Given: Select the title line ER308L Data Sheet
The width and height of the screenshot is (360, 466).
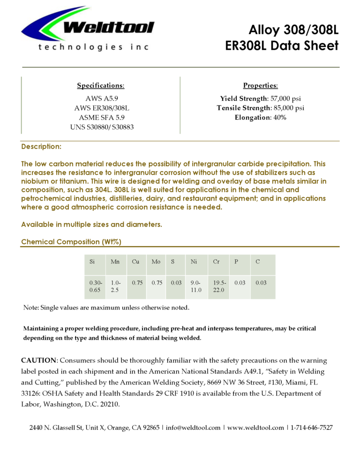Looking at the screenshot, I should pos(282,46).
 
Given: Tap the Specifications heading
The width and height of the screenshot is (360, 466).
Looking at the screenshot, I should pos(101,86).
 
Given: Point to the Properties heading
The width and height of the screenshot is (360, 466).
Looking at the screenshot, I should pos(260,86).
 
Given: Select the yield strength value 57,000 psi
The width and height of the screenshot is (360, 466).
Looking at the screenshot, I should pos(283,99).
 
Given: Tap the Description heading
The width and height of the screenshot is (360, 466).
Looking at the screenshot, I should pos(41,147).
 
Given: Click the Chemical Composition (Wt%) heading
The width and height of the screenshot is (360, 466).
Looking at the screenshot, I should pos(71,242).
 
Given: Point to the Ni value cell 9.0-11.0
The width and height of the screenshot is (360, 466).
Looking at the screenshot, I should pos(196,287).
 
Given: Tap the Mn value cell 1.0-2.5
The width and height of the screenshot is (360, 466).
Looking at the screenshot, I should pos(116,287).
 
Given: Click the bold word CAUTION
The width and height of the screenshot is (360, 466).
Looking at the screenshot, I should pos(38,361).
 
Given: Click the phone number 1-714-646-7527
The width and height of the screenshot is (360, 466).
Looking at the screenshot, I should pos(312,428).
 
